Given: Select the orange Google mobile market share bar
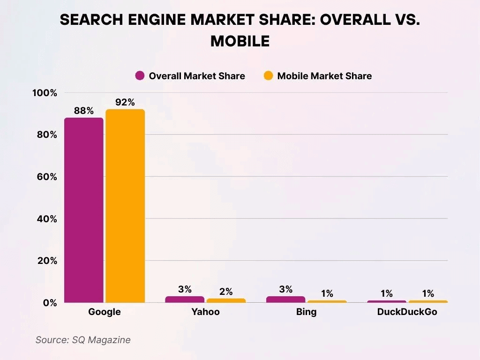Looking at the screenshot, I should pos(125,206).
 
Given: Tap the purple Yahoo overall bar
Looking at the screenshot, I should pos(185,299).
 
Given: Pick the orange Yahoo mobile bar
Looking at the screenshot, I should pos(226,300).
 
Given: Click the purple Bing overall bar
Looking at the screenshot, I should pos(285,299).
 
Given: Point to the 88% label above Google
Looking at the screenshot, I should pos(84,111).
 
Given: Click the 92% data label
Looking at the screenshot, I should pos(125,103).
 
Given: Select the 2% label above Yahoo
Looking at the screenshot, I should pos(226,292).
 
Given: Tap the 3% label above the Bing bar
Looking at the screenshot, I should pos(285,289).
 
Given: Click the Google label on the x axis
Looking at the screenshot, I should pos(105,312).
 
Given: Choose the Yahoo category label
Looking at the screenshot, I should pos(205,312).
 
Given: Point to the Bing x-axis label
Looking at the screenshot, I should pos(306,312).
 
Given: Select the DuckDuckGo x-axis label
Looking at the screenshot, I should pos(407,312).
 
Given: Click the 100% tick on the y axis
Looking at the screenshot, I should pos(45,93).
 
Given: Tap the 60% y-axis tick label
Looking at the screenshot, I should pos(47,177).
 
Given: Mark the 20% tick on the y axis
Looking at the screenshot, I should pos(47,261).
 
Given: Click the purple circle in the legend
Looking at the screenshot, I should pos(140,76).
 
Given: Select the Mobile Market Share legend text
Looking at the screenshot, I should pos(324,76).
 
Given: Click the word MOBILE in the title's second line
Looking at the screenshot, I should pos(240,41).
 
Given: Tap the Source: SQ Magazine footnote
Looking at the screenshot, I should pos(83,340).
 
